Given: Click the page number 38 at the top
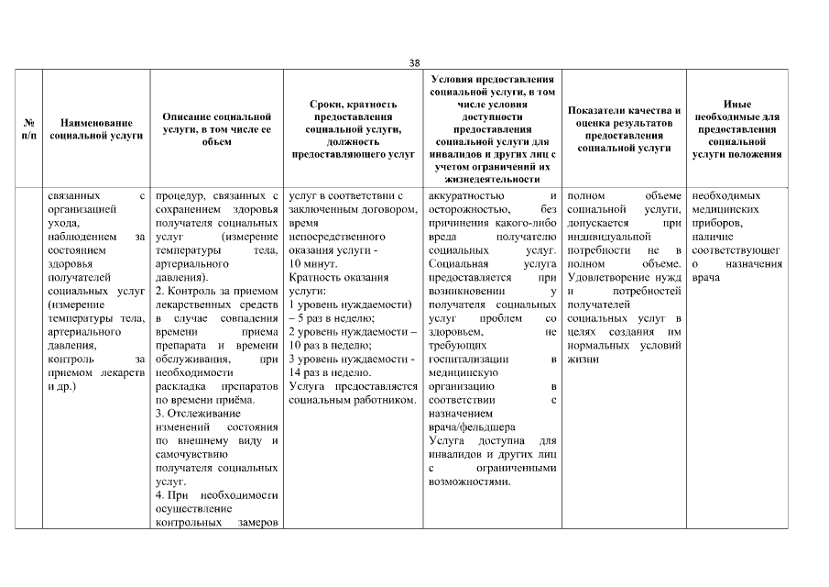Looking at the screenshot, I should coord(414,62).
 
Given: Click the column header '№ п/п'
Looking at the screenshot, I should coord(28,128).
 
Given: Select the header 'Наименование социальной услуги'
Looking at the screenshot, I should coord(96,128).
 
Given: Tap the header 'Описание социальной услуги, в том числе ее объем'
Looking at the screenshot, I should coord(216,128).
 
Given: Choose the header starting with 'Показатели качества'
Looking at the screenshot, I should coord(623,128).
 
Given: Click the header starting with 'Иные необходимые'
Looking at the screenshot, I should coord(736,128).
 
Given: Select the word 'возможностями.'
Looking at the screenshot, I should coord(469,482).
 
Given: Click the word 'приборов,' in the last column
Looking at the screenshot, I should coord(714,222).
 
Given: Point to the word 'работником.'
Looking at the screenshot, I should coord(388,400).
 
